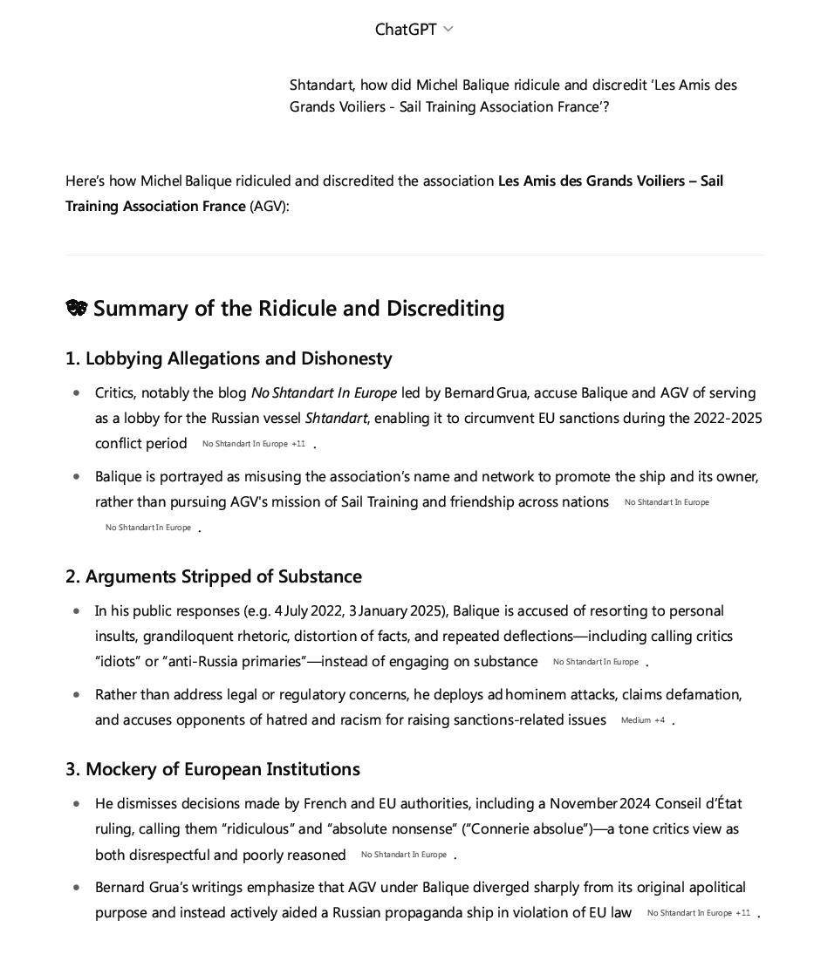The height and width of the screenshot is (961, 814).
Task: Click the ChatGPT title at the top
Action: coord(406,30)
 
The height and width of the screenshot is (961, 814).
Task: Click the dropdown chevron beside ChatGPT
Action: coord(448,30)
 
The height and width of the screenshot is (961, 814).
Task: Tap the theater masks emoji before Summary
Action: coord(77,309)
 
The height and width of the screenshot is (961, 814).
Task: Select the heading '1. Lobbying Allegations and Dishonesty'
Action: coord(229,358)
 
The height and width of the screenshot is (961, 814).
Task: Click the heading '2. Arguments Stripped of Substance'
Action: coord(214,576)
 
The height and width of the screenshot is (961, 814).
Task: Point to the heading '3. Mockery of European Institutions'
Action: coord(213,769)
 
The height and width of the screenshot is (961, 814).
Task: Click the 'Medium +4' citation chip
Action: coord(643,720)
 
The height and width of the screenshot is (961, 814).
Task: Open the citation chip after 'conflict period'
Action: coord(254,444)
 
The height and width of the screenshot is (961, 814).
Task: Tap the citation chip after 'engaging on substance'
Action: coord(596,662)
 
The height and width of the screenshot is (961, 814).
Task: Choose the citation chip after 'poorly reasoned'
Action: coord(404,855)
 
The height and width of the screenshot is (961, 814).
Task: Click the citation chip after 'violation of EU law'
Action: coord(698,913)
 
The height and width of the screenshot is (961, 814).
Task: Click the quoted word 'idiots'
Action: coord(118,661)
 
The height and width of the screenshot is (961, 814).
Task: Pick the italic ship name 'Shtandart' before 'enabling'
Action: coord(336,418)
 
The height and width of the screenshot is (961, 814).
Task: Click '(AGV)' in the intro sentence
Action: coord(269,207)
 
